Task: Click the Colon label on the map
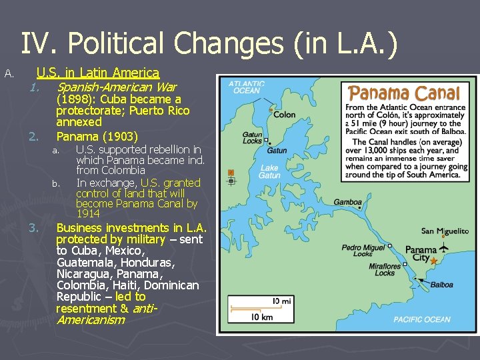click(285, 115)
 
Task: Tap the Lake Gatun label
click(269, 172)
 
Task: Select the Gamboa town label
click(347, 202)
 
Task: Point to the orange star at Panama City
click(434, 261)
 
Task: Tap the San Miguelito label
click(445, 231)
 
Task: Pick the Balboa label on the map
click(441, 285)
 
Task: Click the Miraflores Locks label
click(385, 269)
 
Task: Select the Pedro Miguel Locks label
click(363, 251)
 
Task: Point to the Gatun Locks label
click(252, 137)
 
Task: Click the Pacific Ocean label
click(421, 319)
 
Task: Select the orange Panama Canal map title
click(405, 93)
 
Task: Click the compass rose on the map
click(231, 177)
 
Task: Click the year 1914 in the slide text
click(88, 214)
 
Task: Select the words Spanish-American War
click(117, 87)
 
